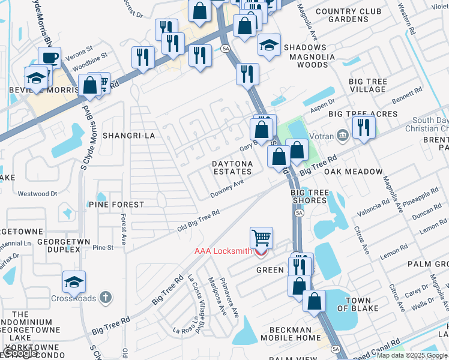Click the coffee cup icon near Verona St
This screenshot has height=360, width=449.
point(50,58)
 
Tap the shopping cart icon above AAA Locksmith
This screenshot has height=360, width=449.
point(261,238)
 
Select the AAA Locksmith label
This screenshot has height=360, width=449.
point(223,251)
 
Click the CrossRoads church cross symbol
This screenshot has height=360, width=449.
point(106,297)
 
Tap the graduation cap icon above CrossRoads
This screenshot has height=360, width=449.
point(74,282)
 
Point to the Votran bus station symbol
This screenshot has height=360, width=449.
point(343,134)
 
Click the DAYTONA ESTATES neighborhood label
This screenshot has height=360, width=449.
point(231,167)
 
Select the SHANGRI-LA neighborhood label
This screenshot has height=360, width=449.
point(129,136)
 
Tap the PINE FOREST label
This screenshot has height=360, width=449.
point(116,205)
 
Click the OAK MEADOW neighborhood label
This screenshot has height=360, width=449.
point(354,172)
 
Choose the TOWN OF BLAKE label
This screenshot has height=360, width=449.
point(358,304)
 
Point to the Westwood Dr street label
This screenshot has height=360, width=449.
point(37,194)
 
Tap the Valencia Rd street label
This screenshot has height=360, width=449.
point(373,206)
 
